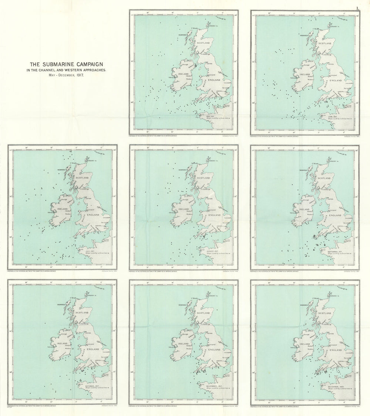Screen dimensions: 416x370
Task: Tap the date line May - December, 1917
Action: pos(66,75)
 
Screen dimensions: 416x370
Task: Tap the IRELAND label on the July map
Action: pos(63,209)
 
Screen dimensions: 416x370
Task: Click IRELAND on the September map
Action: pos(305,209)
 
